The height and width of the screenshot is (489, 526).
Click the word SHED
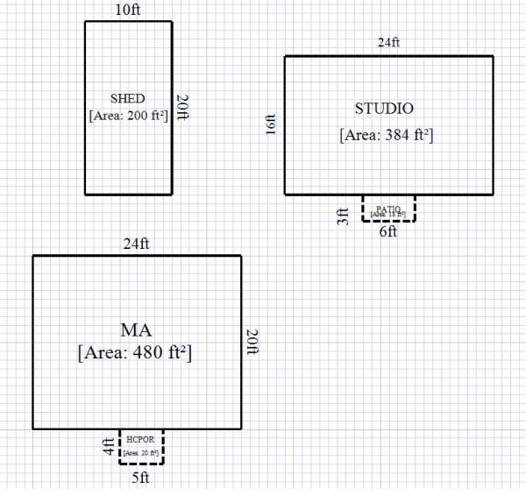128,98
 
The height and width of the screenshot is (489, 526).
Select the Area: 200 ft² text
128,114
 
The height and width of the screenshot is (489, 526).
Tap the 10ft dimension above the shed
128,10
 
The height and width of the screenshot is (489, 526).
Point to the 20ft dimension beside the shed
182,108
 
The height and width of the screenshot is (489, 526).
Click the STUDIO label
384,109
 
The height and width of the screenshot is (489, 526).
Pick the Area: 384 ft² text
386,136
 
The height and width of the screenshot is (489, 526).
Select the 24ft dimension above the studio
389,43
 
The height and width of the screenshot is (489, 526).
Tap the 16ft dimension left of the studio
272,125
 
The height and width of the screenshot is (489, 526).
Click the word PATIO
388,207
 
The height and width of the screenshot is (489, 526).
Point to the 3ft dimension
344,215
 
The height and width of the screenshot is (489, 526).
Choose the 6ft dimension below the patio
388,232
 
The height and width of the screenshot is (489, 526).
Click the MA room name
136,330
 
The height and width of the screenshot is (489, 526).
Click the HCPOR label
140,439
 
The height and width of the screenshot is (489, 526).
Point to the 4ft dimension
108,447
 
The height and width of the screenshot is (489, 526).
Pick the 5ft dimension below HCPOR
141,478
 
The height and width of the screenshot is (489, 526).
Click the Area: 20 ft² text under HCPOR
141,453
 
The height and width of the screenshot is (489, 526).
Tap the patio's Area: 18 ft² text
388,214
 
